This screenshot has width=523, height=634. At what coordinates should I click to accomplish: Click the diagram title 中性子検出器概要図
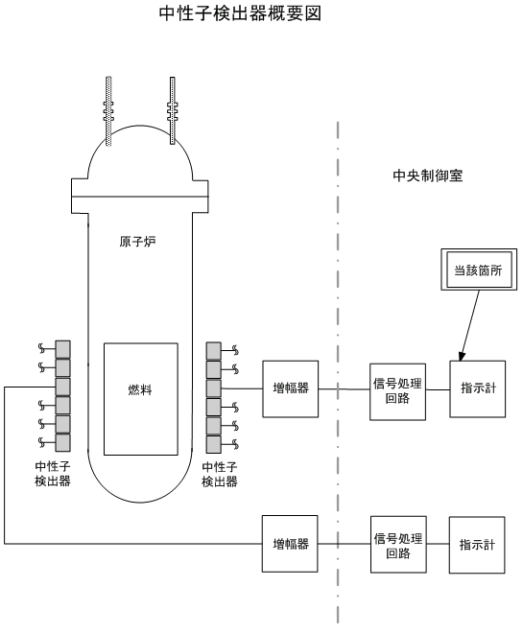tap(240, 13)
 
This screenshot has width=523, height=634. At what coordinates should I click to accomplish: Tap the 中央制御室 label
tap(428, 176)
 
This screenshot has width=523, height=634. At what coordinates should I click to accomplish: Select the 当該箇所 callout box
tap(479, 270)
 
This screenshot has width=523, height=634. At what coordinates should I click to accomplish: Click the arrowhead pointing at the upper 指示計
tap(462, 356)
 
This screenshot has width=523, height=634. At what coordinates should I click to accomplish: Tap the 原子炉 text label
tap(137, 242)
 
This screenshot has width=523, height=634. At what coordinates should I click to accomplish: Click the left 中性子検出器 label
tap(53, 474)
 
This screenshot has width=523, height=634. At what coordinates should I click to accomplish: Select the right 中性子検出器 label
tap(220, 474)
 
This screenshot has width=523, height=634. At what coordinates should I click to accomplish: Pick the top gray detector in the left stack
tap(62, 349)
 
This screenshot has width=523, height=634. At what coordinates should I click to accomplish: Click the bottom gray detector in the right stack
tap(214, 444)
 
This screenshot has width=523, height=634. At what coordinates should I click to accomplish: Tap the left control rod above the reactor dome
tap(108, 111)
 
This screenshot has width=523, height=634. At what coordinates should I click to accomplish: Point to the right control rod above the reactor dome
tap(173, 111)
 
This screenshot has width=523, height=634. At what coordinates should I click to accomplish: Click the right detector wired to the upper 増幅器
tap(214, 388)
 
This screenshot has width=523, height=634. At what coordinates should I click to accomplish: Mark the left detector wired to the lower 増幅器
tap(62, 387)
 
